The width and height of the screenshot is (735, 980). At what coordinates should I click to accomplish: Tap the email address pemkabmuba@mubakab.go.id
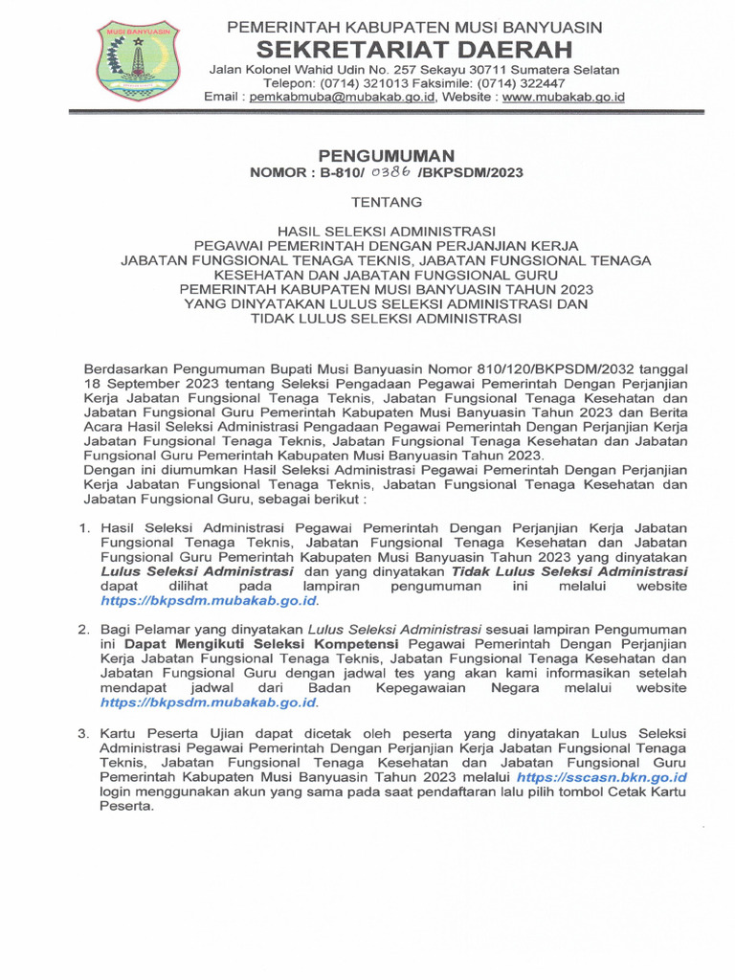[340, 98]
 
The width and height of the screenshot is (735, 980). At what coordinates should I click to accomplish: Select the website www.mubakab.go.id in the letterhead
[564, 98]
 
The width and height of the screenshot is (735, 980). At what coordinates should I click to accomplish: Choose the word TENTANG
[387, 202]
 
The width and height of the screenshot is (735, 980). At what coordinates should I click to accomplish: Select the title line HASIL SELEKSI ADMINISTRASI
[387, 232]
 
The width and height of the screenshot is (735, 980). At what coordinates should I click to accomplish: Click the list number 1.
[83, 528]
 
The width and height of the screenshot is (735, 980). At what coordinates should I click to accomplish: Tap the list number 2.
[83, 630]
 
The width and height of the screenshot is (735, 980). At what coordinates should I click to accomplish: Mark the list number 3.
[83, 733]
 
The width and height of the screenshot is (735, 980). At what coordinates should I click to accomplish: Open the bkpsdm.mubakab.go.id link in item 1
[209, 601]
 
